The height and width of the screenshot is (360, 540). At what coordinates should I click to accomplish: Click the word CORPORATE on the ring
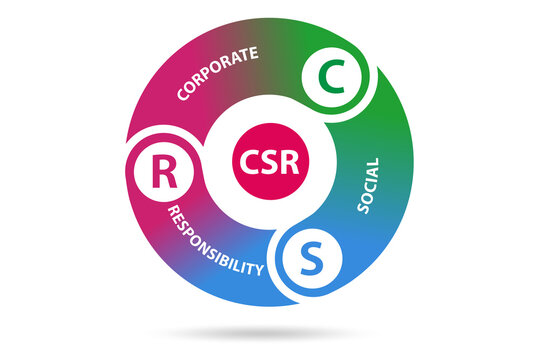click(x=217, y=73)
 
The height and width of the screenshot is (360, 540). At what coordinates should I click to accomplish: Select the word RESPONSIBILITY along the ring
click(x=216, y=243)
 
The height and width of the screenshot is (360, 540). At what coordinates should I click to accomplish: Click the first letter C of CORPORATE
click(x=182, y=98)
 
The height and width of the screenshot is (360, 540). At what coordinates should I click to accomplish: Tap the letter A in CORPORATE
click(x=236, y=60)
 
